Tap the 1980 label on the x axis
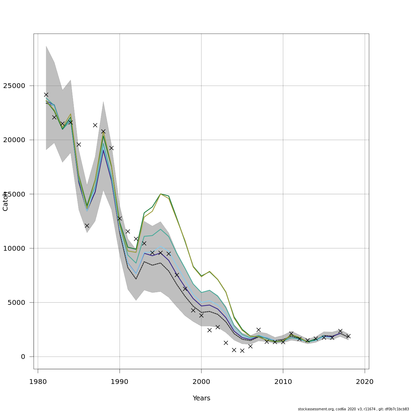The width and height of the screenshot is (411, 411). [38, 382]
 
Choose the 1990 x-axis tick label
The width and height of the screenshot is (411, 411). [120, 382]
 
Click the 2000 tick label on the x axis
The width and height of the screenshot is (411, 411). [201, 382]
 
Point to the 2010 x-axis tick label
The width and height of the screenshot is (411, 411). [283, 382]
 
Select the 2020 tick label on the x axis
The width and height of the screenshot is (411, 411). [365, 382]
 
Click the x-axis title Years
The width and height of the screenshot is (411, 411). [201, 398]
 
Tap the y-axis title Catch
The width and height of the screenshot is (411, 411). [5, 201]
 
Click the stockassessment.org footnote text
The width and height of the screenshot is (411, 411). [353, 409]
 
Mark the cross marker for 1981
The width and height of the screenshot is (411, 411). [46, 95]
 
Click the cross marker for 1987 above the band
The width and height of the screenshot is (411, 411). [95, 125]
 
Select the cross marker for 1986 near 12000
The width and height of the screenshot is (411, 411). [87, 226]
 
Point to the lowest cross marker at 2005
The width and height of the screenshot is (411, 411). [242, 351]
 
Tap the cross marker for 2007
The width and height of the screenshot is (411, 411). [259, 330]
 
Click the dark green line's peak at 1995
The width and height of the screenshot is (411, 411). [160, 194]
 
